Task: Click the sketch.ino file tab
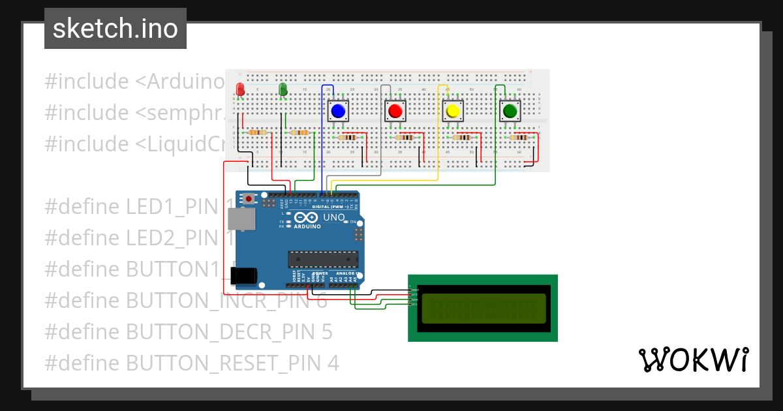click(115, 29)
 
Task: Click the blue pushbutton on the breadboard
click(338, 111)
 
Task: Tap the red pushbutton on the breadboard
click(395, 111)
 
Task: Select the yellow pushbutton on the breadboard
click(452, 111)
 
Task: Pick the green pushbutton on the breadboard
click(509, 111)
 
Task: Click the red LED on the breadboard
click(240, 89)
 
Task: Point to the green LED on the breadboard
click(283, 89)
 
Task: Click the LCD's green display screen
click(483, 309)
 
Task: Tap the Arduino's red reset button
click(249, 198)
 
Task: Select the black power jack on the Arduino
click(242, 277)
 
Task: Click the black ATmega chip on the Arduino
click(324, 259)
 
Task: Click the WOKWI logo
click(693, 359)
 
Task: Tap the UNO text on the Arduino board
click(334, 217)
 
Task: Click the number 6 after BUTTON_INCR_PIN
click(322, 301)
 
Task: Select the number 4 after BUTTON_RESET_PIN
click(333, 363)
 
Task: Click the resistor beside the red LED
click(258, 132)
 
